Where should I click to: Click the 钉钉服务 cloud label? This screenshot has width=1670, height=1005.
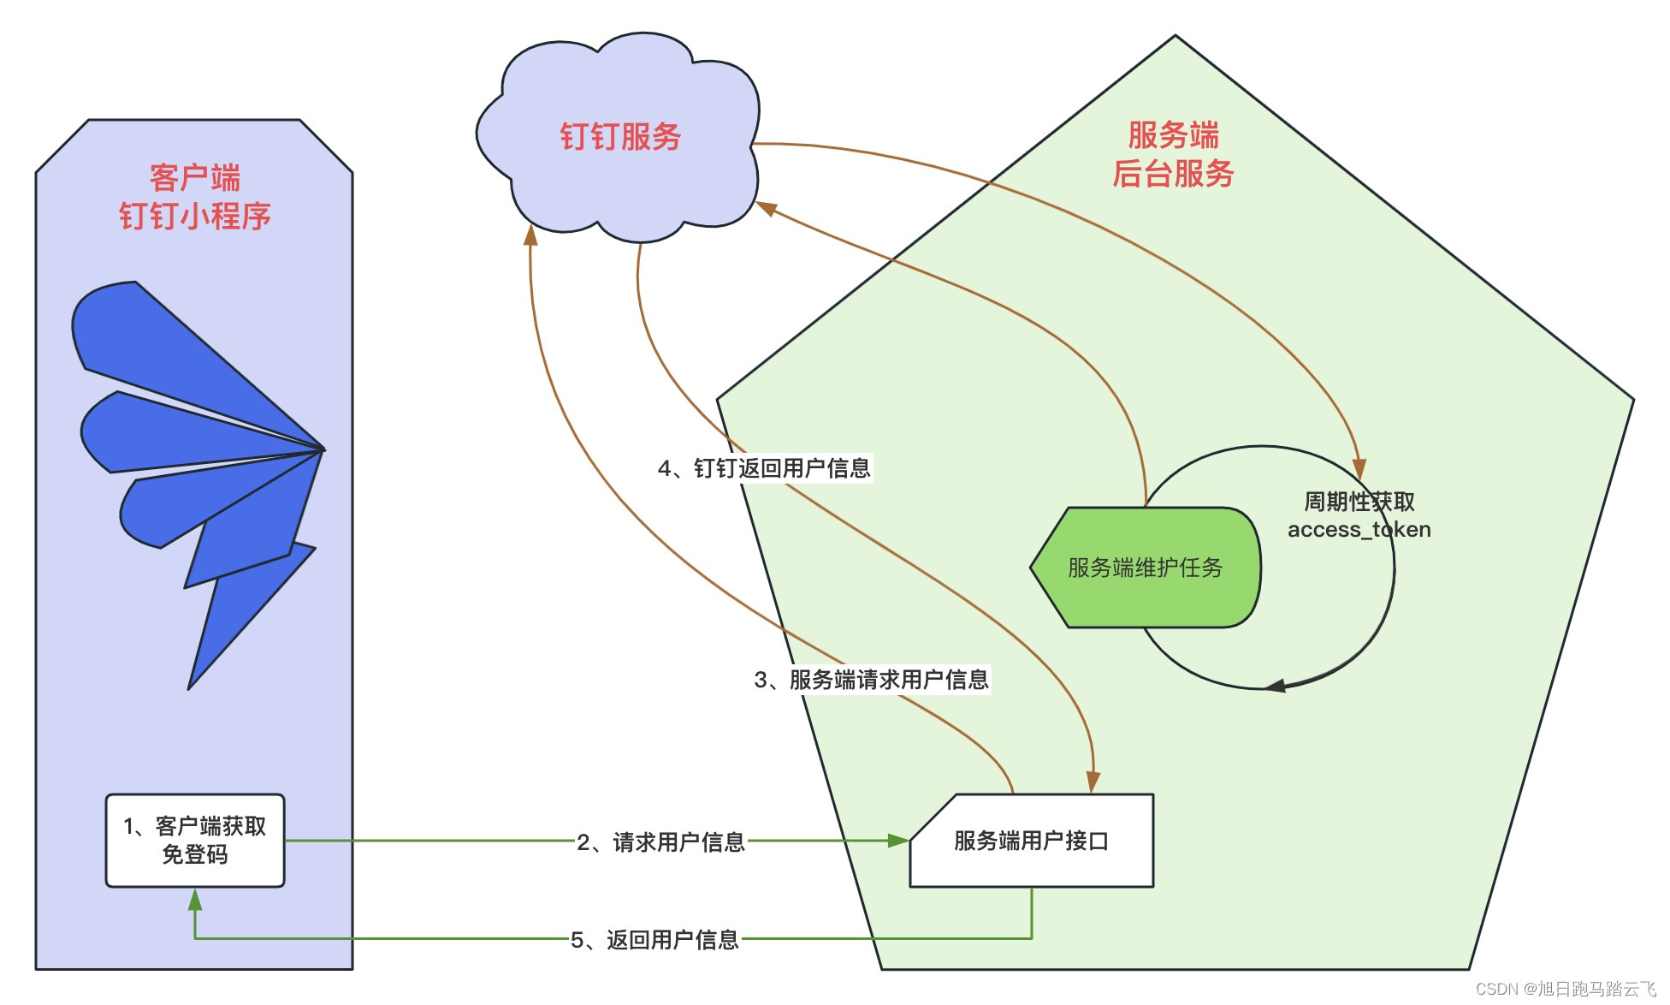click(620, 137)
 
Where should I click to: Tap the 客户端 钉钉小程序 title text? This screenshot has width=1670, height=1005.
click(195, 197)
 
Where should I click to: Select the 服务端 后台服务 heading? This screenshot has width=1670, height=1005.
click(1173, 155)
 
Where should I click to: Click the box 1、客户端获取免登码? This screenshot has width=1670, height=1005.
click(195, 840)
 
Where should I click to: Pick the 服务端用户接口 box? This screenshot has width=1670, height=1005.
click(1031, 841)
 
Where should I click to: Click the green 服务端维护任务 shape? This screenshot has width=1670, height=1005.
click(1145, 568)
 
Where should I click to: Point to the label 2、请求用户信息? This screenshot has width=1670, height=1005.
click(660, 842)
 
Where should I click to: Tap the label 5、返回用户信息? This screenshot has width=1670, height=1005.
click(654, 940)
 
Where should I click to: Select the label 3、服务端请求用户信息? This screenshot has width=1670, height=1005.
click(871, 680)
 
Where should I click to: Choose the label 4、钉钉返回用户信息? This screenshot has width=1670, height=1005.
click(764, 468)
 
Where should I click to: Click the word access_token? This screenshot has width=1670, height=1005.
click(1359, 530)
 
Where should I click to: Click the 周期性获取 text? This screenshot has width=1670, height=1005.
click(1359, 502)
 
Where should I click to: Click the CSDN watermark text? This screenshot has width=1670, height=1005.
click(1566, 989)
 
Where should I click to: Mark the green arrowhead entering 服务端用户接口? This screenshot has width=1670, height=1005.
click(898, 841)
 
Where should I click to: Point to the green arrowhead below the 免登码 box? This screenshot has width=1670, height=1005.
click(195, 900)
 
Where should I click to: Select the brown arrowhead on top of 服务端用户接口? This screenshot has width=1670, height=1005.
click(1093, 782)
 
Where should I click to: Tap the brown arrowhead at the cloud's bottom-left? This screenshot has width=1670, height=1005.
click(530, 235)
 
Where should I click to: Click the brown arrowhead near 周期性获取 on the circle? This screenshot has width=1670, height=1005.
click(1359, 468)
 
